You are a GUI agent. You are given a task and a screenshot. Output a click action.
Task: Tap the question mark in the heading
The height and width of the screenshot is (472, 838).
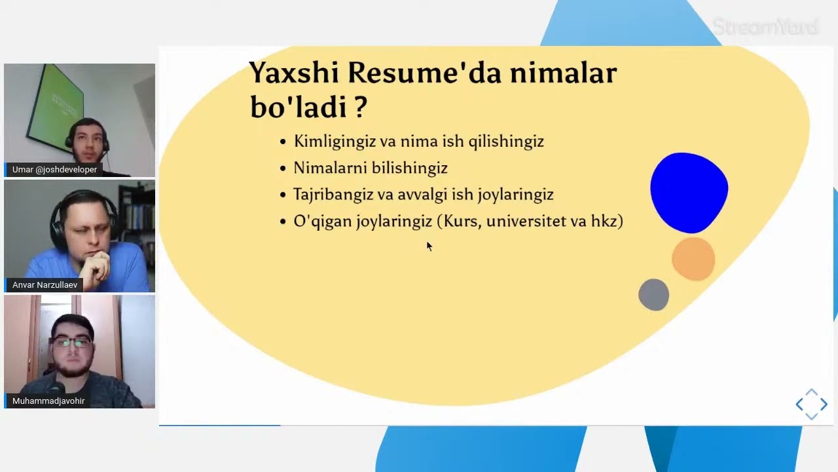(359, 107)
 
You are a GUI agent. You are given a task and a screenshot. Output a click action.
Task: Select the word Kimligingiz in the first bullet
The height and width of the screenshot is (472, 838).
(335, 142)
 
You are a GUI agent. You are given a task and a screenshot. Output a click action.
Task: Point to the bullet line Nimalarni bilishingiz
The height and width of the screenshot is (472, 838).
(370, 168)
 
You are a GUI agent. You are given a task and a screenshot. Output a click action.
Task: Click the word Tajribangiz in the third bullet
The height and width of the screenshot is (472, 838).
(333, 195)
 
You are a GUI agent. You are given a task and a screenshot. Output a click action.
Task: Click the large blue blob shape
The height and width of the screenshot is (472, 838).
(689, 192)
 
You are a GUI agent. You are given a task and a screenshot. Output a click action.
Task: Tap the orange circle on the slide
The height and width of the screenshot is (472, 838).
(693, 259)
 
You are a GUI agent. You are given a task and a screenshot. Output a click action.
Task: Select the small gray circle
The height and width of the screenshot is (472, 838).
(653, 295)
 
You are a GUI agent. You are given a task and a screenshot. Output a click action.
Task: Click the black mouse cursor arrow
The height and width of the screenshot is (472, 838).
(429, 246)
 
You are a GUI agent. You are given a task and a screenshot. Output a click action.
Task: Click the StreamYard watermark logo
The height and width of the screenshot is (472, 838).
(765, 28)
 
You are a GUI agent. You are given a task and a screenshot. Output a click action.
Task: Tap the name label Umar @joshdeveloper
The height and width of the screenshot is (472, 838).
(54, 170)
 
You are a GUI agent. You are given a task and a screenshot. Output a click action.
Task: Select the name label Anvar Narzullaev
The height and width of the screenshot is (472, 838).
(45, 285)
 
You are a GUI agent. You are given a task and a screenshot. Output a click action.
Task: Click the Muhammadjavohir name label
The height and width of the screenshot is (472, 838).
(48, 401)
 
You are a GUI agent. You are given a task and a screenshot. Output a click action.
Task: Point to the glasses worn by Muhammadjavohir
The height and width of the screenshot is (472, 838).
(72, 342)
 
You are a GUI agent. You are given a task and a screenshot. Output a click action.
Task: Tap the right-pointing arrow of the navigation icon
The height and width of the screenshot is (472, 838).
(824, 404)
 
